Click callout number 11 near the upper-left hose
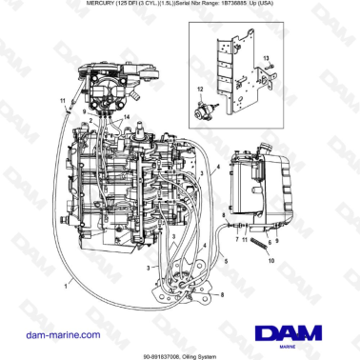pyautogui.click(x=62, y=100)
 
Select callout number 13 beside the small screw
pyautogui.click(x=266, y=59)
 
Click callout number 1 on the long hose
pyautogui.click(x=65, y=284)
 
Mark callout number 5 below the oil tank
pyautogui.click(x=226, y=260)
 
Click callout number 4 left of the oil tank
pyautogui.click(x=218, y=170)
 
